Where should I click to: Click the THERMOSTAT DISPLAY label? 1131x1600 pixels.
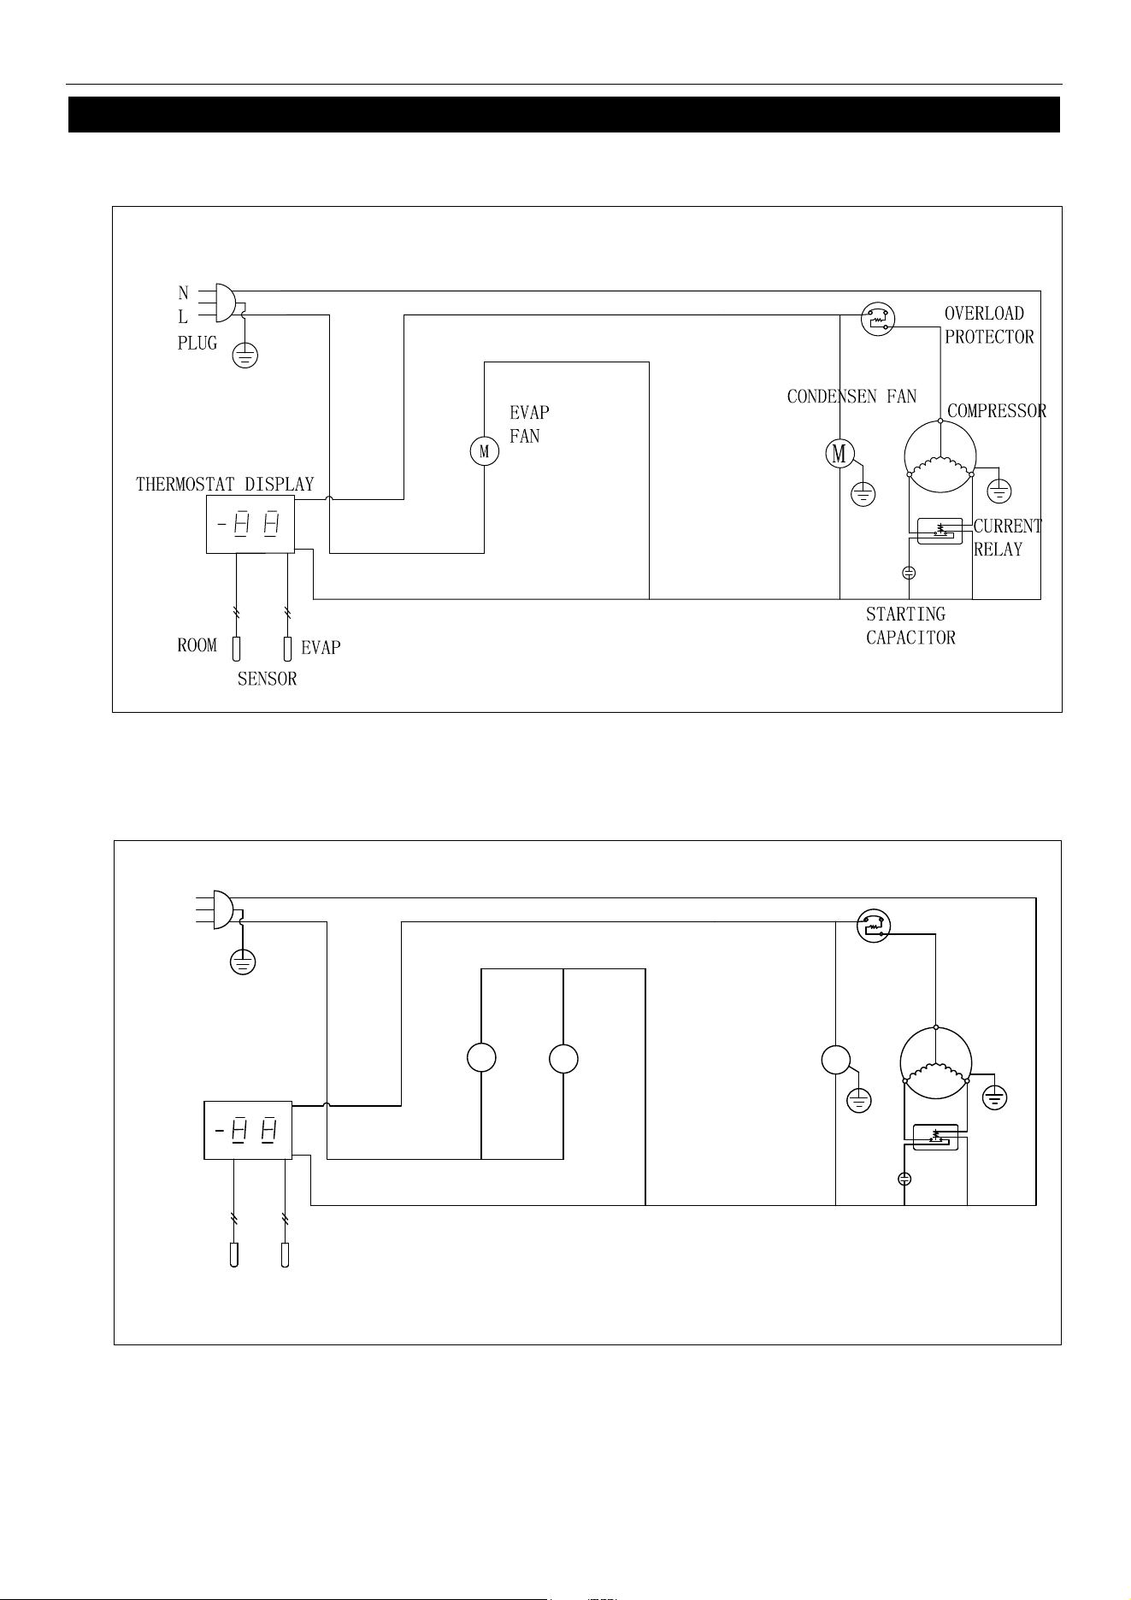coord(226,485)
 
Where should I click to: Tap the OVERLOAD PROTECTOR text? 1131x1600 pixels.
coord(989,326)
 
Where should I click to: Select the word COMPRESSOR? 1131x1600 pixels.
coord(997,411)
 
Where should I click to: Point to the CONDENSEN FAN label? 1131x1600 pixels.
coord(851,397)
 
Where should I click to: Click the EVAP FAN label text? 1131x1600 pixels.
coord(529,424)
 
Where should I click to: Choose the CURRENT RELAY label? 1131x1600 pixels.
coord(1008,538)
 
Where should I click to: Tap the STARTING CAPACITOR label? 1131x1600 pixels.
coord(910,626)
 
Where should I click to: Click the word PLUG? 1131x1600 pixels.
coord(197,344)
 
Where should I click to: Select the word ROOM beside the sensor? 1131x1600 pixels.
coord(197,646)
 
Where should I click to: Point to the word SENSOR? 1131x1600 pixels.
coord(268,679)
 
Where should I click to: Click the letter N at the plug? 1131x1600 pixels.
coord(183,294)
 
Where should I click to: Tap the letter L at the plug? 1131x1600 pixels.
coord(183,317)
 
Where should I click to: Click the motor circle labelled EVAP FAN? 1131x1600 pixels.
coord(485,451)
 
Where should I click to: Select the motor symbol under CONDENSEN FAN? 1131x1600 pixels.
coord(839,453)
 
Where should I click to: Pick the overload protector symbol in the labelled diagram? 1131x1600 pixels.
coord(878,319)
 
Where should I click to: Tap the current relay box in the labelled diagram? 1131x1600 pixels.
coord(940,531)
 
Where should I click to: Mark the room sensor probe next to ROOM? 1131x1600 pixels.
coord(236,650)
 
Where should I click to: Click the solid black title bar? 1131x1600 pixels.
coord(564,115)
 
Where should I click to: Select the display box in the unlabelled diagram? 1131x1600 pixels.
coord(248,1130)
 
